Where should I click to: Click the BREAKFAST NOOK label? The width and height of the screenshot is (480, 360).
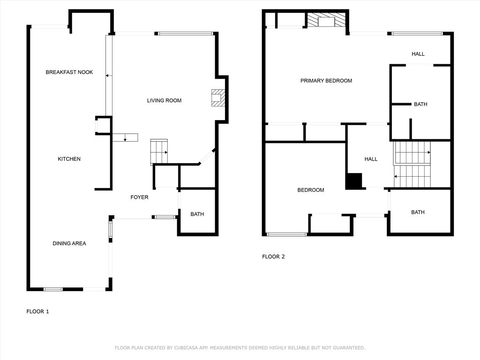click(69, 72)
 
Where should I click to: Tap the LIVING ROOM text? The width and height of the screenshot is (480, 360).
click(164, 100)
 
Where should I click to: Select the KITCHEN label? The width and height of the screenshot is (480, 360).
click(69, 159)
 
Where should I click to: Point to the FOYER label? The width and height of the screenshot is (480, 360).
click(139, 197)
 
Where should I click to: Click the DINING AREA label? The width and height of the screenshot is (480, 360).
click(69, 243)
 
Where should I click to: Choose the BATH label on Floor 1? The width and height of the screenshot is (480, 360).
click(197, 214)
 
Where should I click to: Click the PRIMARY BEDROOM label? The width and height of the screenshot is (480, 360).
click(326, 81)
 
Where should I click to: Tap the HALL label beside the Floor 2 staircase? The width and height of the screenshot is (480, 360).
click(371, 159)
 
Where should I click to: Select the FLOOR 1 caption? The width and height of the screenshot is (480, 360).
click(37, 311)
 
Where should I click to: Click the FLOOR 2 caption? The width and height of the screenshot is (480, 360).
click(273, 256)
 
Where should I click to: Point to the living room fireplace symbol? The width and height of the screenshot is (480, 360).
click(218, 97)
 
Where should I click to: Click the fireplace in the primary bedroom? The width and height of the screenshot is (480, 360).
click(326, 20)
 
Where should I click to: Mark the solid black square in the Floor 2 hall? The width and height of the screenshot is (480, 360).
click(354, 181)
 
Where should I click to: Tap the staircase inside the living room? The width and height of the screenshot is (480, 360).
click(159, 151)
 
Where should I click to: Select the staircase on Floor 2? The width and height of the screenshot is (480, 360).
click(412, 164)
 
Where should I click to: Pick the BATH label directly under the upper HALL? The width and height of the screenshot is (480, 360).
click(420, 104)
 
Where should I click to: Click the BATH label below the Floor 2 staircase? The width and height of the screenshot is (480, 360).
click(418, 212)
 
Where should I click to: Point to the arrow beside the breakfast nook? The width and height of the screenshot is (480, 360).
click(108, 75)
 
